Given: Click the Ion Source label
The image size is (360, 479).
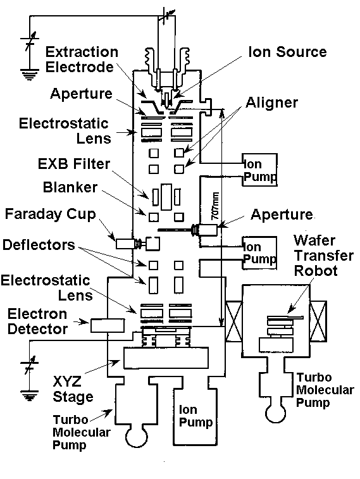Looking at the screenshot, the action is [288, 52].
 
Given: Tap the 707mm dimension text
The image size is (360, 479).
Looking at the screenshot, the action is [215, 206].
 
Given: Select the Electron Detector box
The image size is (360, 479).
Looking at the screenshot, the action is [108, 325].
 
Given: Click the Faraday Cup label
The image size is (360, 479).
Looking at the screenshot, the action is [51, 214].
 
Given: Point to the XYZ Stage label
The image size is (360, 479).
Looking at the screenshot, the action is [73, 389].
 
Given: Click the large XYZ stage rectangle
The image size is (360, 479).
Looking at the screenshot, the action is [166, 358].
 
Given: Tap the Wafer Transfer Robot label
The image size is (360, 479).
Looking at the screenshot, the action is [324, 256].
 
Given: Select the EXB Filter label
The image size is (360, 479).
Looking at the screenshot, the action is [74, 164].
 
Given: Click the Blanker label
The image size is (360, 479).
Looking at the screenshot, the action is [70, 187].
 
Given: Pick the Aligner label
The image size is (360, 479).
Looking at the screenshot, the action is [272, 103].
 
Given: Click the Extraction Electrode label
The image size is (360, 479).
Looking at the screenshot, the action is [82, 59].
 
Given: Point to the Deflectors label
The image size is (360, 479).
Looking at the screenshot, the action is [39, 245].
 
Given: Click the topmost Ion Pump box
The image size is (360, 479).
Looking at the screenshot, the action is [260, 170].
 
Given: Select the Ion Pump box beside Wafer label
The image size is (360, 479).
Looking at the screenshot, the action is [259, 252].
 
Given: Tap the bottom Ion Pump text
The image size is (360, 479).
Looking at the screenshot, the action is [196, 416].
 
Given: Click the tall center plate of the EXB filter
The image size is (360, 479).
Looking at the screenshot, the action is [166, 197].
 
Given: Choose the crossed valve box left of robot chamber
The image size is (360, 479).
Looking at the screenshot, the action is [233, 320].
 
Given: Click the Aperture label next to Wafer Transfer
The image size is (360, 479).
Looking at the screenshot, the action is [282, 215].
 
